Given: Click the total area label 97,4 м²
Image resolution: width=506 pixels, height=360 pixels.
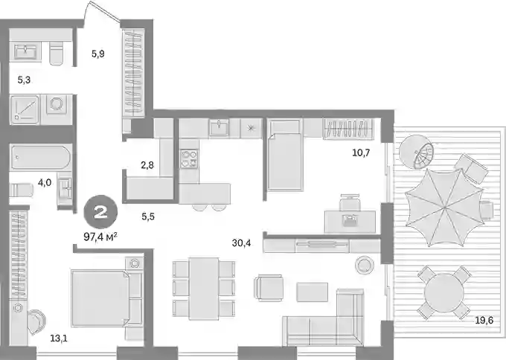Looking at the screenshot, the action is click(100, 237).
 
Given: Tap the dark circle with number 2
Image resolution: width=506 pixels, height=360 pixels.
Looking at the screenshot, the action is click(100, 213).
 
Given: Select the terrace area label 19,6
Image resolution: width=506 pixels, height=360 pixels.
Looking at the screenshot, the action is click(484, 321).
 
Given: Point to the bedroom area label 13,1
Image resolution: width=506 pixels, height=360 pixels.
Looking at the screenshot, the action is click(59, 338).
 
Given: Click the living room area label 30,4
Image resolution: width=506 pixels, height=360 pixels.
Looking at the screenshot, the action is click(241, 243).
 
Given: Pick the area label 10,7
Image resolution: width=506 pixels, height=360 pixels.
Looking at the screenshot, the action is click(361, 152).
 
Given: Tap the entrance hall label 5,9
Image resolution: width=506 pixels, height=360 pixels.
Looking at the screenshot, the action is click(97, 54).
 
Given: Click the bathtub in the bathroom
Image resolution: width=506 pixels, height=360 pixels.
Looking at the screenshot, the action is click(41, 158).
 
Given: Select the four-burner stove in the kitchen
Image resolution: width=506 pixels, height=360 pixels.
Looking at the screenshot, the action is click(189, 158).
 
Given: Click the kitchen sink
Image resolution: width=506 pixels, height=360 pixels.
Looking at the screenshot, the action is click(219, 127).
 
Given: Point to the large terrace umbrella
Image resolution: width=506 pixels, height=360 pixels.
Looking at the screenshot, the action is click(445, 208).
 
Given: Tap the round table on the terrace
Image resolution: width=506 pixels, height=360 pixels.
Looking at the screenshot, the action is click(443, 292).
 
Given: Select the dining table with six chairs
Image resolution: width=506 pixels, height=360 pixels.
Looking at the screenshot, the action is click(204, 289).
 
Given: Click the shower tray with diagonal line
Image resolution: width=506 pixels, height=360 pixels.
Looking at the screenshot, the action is click(25, 109).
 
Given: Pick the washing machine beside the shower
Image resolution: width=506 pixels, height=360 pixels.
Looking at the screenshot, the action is click(57, 104).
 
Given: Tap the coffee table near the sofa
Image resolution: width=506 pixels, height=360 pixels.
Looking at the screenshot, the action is click(312, 292).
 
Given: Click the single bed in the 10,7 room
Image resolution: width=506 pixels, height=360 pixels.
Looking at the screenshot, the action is click(284, 155).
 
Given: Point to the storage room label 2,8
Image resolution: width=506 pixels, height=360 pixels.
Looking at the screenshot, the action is click(147, 165).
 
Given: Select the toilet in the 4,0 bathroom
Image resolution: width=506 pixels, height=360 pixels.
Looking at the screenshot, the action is click(22, 190).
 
